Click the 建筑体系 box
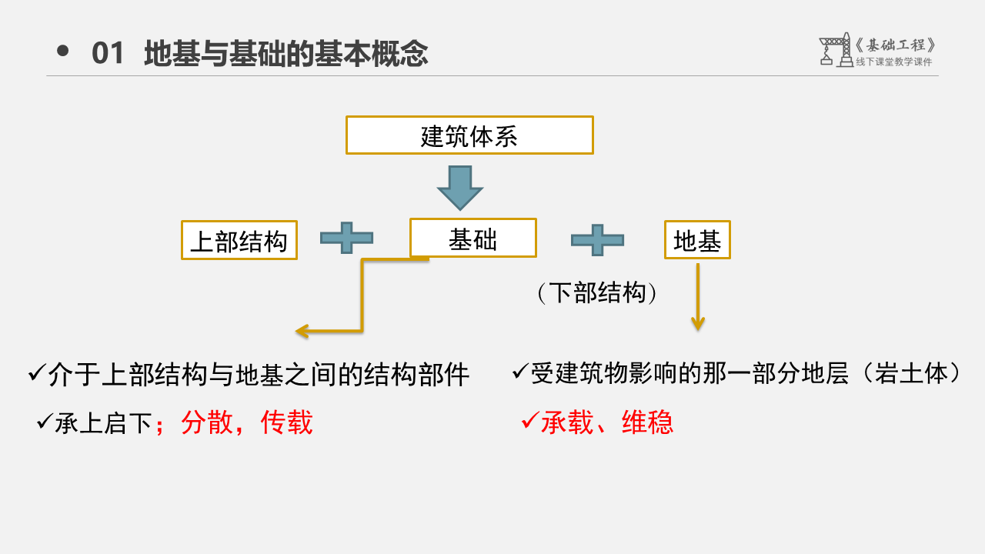click(x=469, y=135)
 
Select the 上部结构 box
click(x=239, y=240)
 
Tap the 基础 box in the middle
click(x=472, y=238)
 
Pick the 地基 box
click(x=697, y=240)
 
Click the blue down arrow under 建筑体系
click(x=459, y=188)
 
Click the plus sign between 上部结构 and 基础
click(x=346, y=239)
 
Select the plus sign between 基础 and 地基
click(x=597, y=240)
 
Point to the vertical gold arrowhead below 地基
click(x=698, y=323)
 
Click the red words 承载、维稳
click(x=607, y=422)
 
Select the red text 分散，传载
click(x=246, y=422)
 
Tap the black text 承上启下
click(x=103, y=423)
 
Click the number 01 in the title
click(x=108, y=54)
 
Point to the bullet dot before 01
click(x=63, y=52)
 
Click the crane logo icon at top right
click(x=836, y=50)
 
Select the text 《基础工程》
click(x=896, y=45)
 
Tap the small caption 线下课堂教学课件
click(x=893, y=62)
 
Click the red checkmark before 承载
click(x=529, y=420)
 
